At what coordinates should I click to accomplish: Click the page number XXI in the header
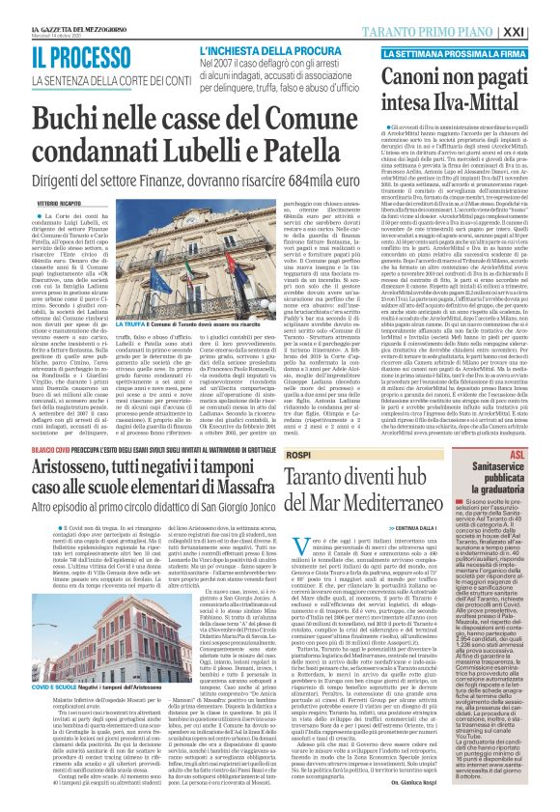coord(543,31)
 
